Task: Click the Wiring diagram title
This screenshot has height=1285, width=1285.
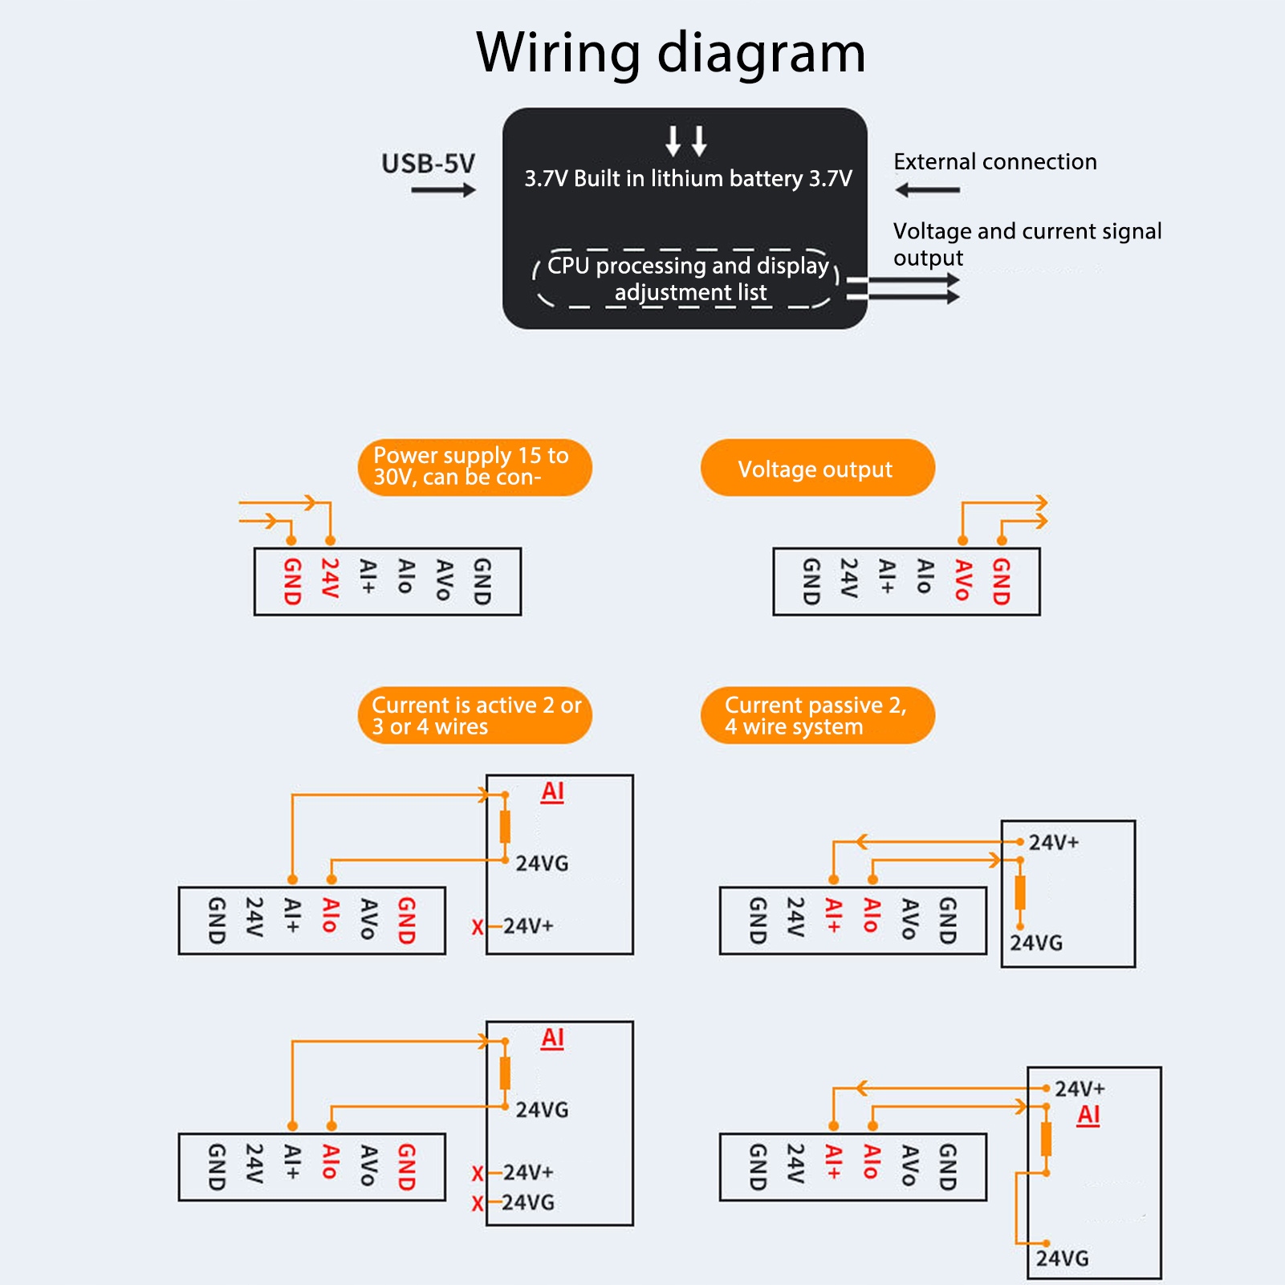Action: pyautogui.click(x=670, y=53)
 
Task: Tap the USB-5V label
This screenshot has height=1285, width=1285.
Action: pyautogui.click(x=428, y=164)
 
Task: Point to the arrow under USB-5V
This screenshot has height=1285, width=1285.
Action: pyautogui.click(x=443, y=190)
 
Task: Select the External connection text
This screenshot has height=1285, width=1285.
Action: pyautogui.click(x=994, y=162)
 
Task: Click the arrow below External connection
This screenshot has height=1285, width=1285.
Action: pyautogui.click(x=927, y=190)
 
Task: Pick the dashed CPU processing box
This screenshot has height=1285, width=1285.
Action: pyautogui.click(x=687, y=279)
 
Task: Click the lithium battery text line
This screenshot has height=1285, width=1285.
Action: pyautogui.click(x=688, y=178)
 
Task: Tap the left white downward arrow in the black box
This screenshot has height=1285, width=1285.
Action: pyautogui.click(x=673, y=140)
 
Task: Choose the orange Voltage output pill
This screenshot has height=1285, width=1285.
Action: pyautogui.click(x=817, y=468)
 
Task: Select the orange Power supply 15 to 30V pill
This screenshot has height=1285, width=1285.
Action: pyautogui.click(x=474, y=467)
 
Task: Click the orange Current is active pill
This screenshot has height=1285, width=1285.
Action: pyautogui.click(x=474, y=715)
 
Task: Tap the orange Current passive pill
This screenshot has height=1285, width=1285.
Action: pyautogui.click(x=817, y=715)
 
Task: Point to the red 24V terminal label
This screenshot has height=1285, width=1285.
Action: pyautogui.click(x=330, y=579)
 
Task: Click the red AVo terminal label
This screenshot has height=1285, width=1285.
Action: pyautogui.click(x=963, y=580)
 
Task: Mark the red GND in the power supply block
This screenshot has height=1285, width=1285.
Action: pyautogui.click(x=292, y=581)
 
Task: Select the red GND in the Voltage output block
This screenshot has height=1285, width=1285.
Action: pyautogui.click(x=1001, y=581)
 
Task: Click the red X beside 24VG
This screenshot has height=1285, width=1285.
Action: pyautogui.click(x=478, y=1203)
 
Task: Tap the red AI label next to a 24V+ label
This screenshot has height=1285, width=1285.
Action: pyautogui.click(x=1088, y=1115)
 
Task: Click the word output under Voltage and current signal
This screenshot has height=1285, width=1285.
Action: pyautogui.click(x=928, y=258)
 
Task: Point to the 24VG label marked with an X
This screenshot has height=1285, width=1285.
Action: pyautogui.click(x=528, y=1202)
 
